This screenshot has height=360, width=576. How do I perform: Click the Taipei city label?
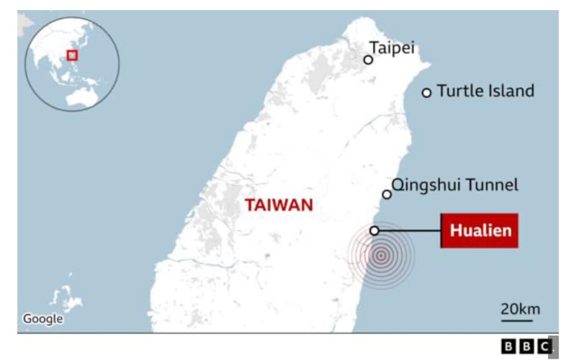click(x=392, y=48)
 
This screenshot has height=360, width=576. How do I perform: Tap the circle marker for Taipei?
click(x=368, y=60)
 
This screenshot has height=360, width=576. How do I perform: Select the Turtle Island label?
click(x=485, y=91)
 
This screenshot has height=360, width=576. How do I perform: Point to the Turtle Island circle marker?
click(x=426, y=92)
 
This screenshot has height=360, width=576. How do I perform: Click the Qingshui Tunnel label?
click(x=454, y=185)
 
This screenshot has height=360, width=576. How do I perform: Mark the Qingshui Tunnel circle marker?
click(x=387, y=194)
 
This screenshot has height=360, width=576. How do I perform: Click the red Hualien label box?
click(x=480, y=231)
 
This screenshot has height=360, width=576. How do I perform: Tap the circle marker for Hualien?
click(x=374, y=230)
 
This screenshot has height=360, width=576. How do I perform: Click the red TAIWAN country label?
click(x=279, y=205)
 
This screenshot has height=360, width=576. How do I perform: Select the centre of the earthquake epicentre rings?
click(x=381, y=254)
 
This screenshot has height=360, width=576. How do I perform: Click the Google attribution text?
click(x=42, y=318)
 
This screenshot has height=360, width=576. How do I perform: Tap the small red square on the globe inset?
click(x=72, y=55)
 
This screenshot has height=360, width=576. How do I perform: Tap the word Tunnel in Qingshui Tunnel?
click(x=494, y=185)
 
